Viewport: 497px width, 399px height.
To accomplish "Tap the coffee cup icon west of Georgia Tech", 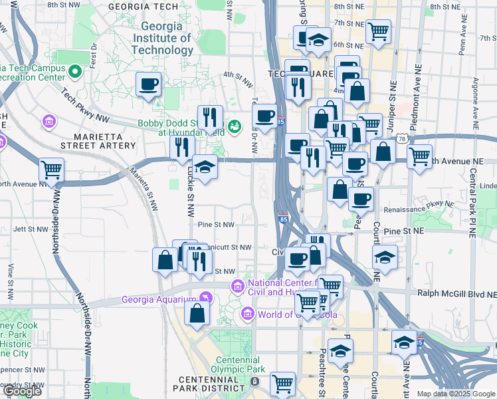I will pyautogui.click(x=148, y=84).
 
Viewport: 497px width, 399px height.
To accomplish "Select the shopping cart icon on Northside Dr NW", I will pyautogui.click(x=51, y=170).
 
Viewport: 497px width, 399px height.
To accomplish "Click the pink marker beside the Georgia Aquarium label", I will pyautogui.click(x=206, y=297).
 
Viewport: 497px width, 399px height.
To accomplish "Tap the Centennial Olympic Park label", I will pyautogui.click(x=238, y=364).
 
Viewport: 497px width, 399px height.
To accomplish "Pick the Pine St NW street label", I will pyautogui.click(x=216, y=225).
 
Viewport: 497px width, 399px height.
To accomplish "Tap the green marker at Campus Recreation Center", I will pyautogui.click(x=76, y=69).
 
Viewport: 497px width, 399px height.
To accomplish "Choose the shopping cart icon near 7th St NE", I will pyautogui.click(x=378, y=31).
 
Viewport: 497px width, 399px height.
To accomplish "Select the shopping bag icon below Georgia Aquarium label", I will pyautogui.click(x=197, y=313).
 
